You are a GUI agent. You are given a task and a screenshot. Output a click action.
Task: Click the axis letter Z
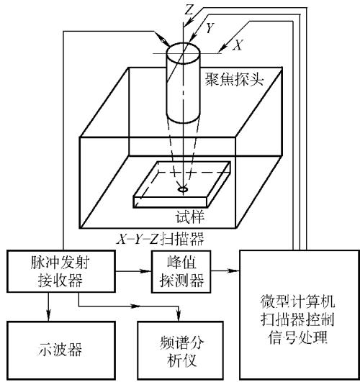point(189,9)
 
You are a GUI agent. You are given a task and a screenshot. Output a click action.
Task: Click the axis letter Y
point(210,27)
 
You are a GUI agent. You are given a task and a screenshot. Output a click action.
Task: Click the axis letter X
point(238,45)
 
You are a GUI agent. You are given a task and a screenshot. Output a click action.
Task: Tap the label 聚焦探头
point(234,79)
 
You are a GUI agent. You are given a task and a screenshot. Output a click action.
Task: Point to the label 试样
point(190,217)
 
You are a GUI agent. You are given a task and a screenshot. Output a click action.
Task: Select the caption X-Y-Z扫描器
point(160,239)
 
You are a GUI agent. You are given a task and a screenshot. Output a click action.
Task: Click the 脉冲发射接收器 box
point(60,271)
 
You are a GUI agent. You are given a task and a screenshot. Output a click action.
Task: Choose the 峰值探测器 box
point(181,271)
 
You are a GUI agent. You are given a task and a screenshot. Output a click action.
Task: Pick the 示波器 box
point(60,350)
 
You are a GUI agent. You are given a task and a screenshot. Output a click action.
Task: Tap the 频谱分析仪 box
point(181,350)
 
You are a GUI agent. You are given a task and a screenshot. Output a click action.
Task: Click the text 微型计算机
point(297,301)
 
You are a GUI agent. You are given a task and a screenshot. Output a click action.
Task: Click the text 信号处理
point(297,337)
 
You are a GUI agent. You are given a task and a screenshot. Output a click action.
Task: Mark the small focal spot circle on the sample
point(183,189)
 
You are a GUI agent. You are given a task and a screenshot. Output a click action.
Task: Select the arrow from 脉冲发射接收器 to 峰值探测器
point(133,270)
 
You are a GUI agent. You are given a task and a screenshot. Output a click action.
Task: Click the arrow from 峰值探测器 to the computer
point(225,270)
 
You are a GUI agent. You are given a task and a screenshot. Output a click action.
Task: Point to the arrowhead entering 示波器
point(48,316)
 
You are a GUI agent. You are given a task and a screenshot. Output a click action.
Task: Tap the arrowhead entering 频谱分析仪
point(179,316)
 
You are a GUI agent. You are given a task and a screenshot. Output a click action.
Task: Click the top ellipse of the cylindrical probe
point(183,53)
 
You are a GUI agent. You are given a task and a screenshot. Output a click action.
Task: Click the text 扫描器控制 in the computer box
point(297,319)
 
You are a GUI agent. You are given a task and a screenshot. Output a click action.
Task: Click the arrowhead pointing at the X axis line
point(222,49)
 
